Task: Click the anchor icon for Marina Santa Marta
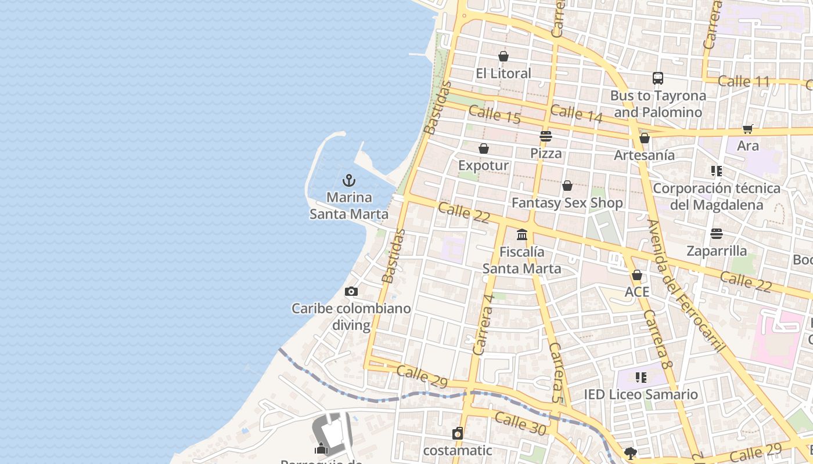349,180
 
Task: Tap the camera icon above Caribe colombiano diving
351,291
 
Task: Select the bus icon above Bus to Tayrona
658,78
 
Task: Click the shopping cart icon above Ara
747,129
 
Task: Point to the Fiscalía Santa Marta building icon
522,235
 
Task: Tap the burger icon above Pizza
546,136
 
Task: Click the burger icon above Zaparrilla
717,234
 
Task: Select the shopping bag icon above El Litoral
503,56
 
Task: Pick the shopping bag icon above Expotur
484,148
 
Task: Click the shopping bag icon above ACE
637,275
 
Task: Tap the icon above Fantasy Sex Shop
567,186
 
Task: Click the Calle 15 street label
494,114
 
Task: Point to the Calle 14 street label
576,113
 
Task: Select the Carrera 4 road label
483,325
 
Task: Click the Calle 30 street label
520,423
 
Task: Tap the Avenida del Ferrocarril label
685,285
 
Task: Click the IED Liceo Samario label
641,395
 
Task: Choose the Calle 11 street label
743,81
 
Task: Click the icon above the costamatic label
458,433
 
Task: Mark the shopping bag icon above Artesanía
645,138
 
